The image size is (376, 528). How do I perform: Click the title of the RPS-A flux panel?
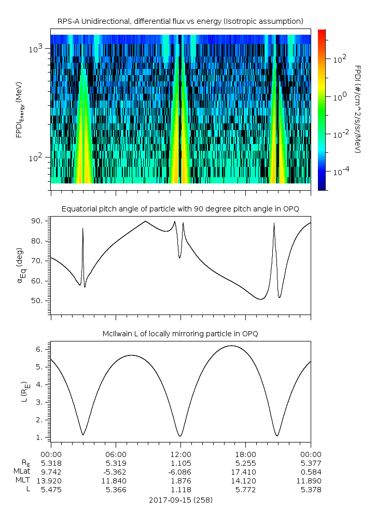click(x=180, y=21)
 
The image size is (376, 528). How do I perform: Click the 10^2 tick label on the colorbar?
click(x=338, y=60)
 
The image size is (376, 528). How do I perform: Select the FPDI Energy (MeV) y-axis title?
click(x=20, y=109)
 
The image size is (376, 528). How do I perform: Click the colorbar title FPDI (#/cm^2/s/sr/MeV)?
click(x=357, y=109)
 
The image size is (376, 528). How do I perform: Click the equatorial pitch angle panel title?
click(x=180, y=209)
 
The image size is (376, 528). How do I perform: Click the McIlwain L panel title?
click(x=180, y=334)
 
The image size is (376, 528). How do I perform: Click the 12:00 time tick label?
click(x=180, y=453)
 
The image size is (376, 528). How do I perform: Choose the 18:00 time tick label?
click(x=246, y=453)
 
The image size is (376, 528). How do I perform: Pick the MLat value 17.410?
click(x=246, y=472)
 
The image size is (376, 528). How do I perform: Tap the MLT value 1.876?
click(x=180, y=481)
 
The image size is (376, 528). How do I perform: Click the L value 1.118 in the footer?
click(x=180, y=490)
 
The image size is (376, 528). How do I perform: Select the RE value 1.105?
click(x=180, y=463)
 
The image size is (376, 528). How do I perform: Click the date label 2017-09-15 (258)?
click(x=180, y=501)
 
